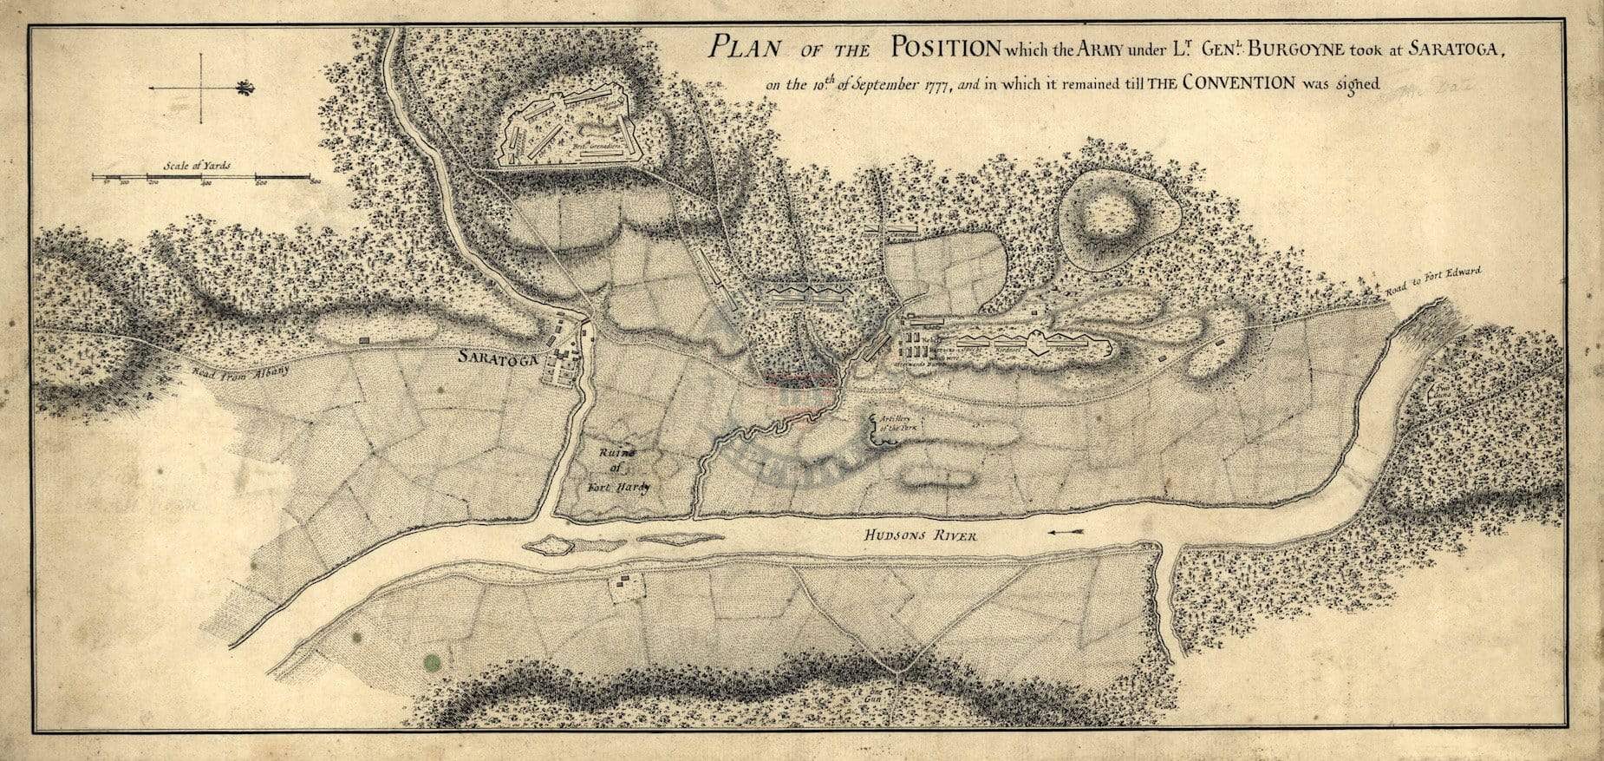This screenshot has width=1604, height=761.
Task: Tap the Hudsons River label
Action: (920, 536)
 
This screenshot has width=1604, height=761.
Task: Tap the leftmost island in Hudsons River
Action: (548, 545)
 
